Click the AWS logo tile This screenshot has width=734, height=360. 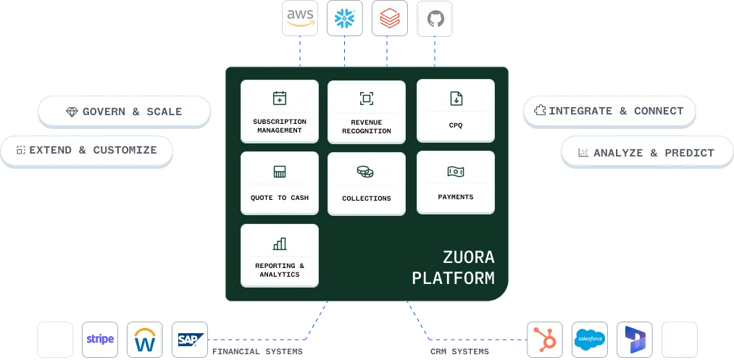pyautogui.click(x=300, y=18)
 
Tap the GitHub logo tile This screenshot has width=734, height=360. pyautogui.click(x=435, y=18)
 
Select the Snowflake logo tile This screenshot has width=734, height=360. pyautogui.click(x=344, y=18)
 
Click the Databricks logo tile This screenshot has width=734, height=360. pyautogui.click(x=390, y=18)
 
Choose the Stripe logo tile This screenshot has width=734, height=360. pyautogui.click(x=100, y=339)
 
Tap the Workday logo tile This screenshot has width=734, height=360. pyautogui.click(x=145, y=339)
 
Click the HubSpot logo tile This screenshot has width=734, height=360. pyautogui.click(x=545, y=339)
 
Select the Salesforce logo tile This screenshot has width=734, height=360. pyautogui.click(x=589, y=339)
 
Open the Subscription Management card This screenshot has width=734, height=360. pyautogui.click(x=279, y=112)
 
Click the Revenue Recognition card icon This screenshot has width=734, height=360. pyautogui.click(x=366, y=99)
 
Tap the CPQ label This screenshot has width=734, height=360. pyautogui.click(x=455, y=125)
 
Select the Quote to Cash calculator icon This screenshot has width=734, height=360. pyautogui.click(x=279, y=172)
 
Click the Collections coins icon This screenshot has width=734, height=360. pyautogui.click(x=366, y=172)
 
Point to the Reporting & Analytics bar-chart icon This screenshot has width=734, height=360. pyautogui.click(x=279, y=243)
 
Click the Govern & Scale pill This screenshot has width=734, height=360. pyautogui.click(x=124, y=112)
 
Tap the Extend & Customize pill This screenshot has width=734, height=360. pyautogui.click(x=87, y=150)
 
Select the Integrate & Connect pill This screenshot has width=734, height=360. pyautogui.click(x=609, y=111)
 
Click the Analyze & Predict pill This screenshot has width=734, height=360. pyautogui.click(x=646, y=152)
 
